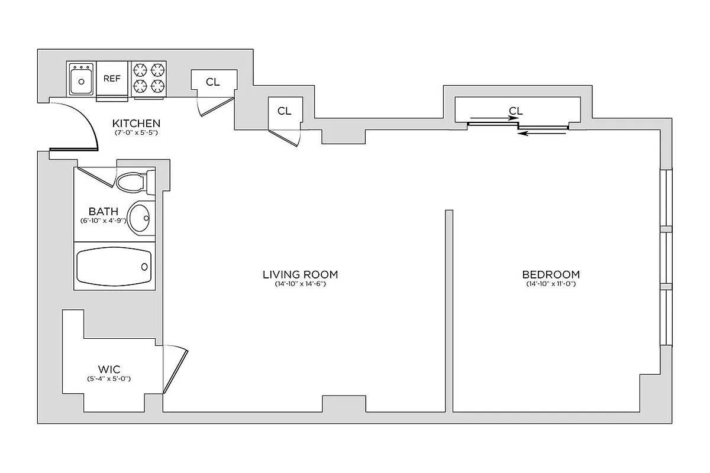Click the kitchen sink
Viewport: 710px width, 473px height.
point(81,80)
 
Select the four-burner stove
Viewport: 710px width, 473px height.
point(148,78)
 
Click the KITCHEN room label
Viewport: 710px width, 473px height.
point(137,124)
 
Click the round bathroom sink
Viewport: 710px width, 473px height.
point(140,218)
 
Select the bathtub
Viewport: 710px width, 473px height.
point(114,266)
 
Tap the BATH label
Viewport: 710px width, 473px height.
point(104,211)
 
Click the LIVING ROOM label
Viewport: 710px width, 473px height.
point(300,274)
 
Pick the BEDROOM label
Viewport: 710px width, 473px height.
point(551,274)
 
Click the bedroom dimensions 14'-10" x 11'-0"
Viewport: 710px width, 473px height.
point(551,284)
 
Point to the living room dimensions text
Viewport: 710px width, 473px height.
point(300,284)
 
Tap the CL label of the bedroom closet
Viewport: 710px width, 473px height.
point(516,111)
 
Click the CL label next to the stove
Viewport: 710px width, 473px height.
point(213,82)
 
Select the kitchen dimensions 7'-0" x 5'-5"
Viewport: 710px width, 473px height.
point(137,133)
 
